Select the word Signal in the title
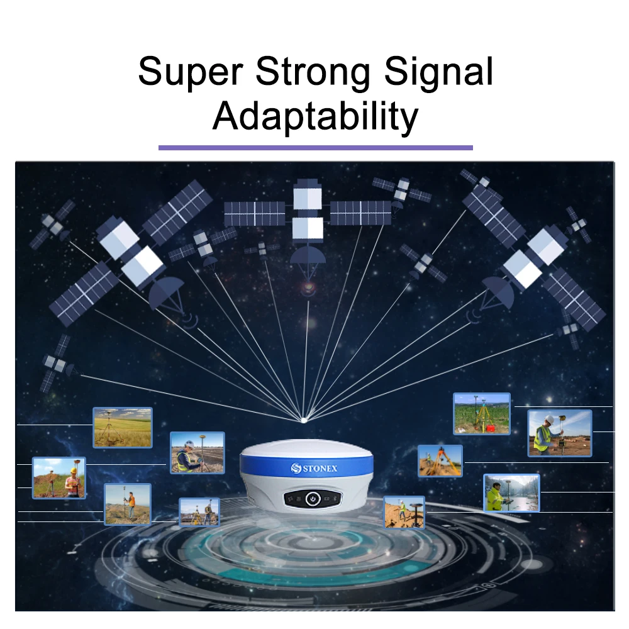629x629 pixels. pyautogui.click(x=439, y=71)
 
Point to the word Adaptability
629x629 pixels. pyautogui.click(x=315, y=116)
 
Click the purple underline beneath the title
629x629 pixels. pyautogui.click(x=315, y=148)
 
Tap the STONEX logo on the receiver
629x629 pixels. pyautogui.click(x=314, y=468)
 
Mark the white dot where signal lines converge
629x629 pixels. pyautogui.click(x=304, y=420)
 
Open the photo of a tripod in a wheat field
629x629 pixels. pyautogui.click(x=123, y=428)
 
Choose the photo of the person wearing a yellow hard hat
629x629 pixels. pyautogui.click(x=59, y=478)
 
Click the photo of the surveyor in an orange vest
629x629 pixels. pyautogui.click(x=128, y=504)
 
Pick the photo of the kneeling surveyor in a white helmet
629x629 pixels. pyautogui.click(x=198, y=452)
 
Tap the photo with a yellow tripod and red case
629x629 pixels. pyautogui.click(x=482, y=414)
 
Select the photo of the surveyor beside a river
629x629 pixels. pyautogui.click(x=511, y=493)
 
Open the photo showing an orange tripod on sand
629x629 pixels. pyautogui.click(x=440, y=461)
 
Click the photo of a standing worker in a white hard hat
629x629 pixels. pyautogui.click(x=559, y=433)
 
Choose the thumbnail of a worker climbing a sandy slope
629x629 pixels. pyautogui.click(x=404, y=512)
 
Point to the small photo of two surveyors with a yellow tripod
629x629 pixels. pyautogui.click(x=199, y=512)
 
